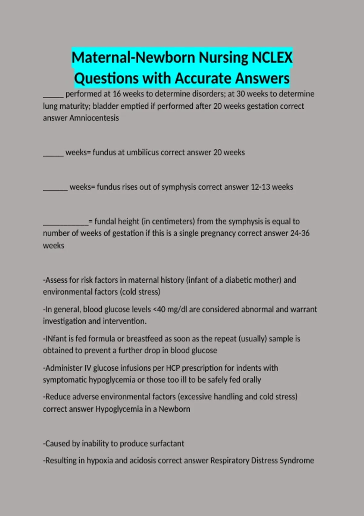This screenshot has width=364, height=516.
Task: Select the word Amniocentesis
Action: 94,118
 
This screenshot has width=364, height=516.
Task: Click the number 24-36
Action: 300,233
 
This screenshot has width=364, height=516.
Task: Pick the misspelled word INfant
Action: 55,338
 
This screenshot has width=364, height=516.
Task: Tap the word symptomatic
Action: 65,380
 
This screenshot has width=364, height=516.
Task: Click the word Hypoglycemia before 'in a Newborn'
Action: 119,409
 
